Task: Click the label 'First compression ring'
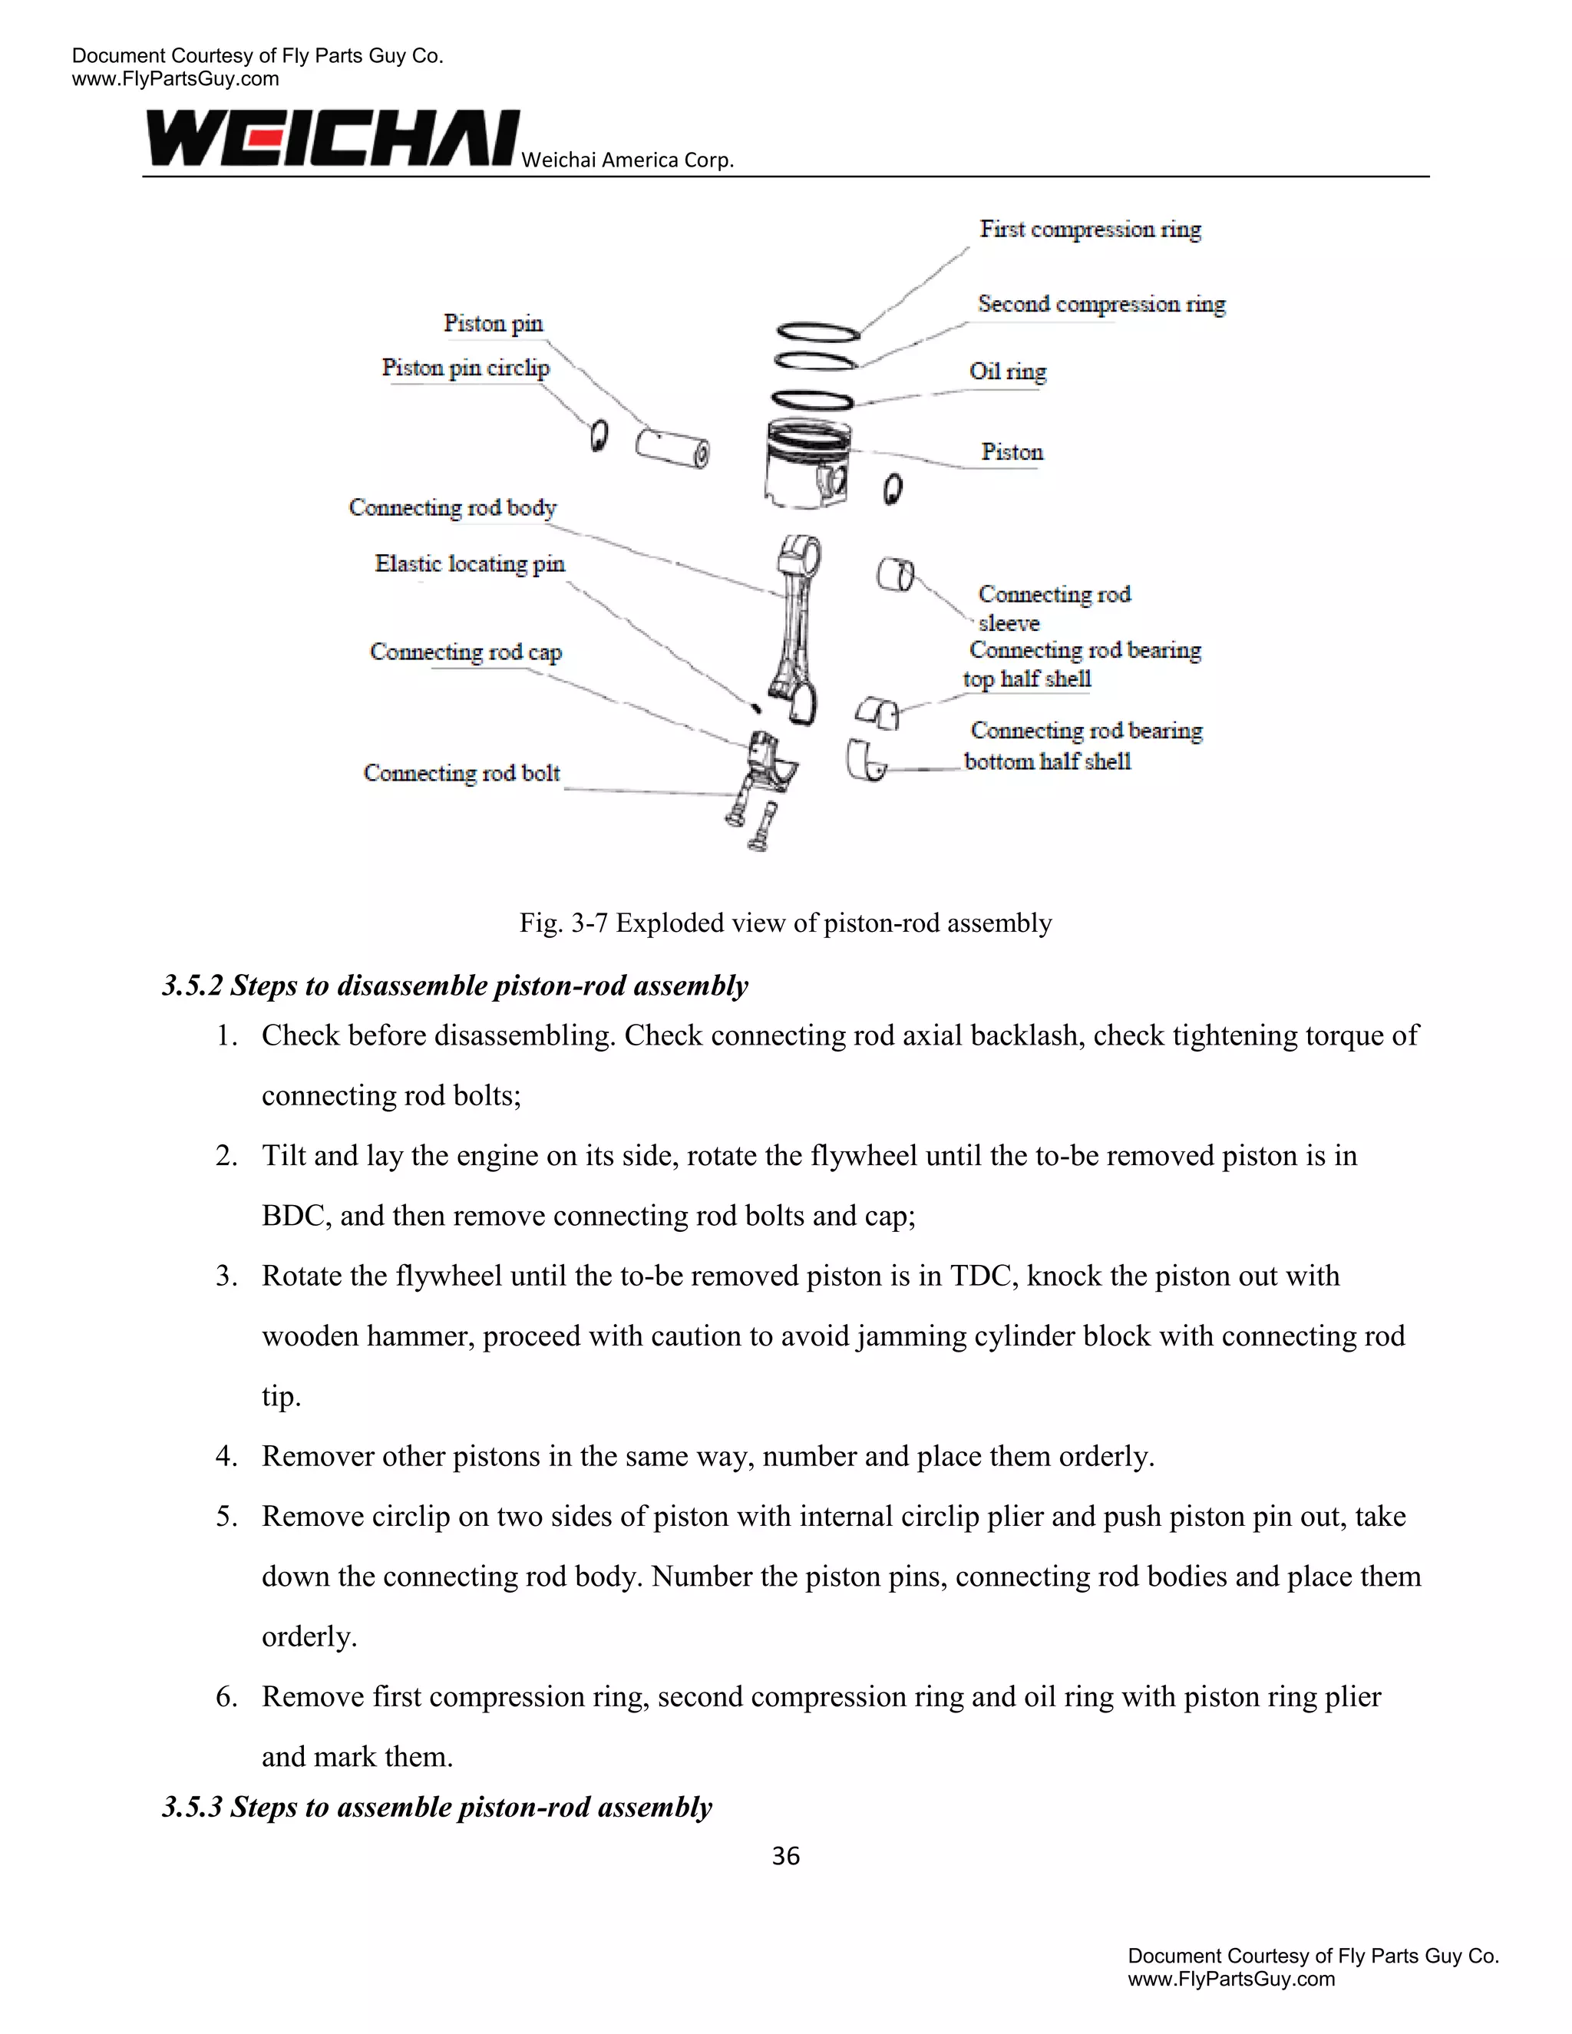[x=1090, y=229]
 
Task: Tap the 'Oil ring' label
[x=1008, y=371]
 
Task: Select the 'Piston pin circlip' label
[x=466, y=368]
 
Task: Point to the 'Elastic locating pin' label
[x=469, y=563]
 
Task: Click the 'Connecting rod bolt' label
[x=462, y=773]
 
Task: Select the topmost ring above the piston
[x=817, y=332]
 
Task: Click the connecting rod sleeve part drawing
[x=895, y=575]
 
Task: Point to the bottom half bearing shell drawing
[x=866, y=761]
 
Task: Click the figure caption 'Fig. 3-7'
[x=563, y=923]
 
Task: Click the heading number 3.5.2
[x=192, y=986]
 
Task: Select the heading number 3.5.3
[x=192, y=1807]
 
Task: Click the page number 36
[x=785, y=1856]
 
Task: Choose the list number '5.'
[x=226, y=1516]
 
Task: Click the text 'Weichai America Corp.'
[x=628, y=160]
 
